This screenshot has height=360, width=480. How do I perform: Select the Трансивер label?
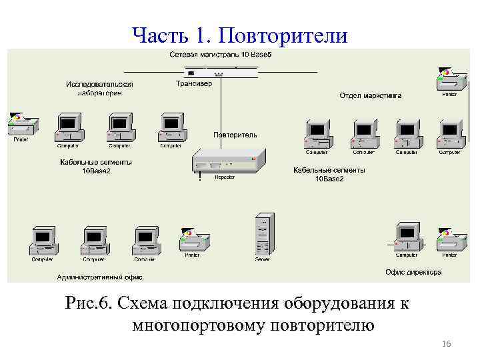(194, 84)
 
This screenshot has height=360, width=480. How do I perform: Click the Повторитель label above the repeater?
(235, 135)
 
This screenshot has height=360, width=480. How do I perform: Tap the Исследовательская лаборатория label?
(99, 88)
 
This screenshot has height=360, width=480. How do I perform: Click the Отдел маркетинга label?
(370, 95)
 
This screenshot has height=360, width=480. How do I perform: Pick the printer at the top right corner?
(450, 81)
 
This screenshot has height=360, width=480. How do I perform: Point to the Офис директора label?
(413, 272)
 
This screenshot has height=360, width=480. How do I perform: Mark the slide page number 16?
(447, 343)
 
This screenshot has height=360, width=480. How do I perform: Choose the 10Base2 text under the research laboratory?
(96, 171)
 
